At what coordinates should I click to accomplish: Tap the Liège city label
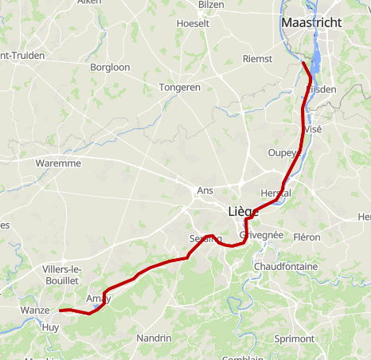tap(243, 211)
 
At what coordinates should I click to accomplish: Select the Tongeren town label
tap(180, 87)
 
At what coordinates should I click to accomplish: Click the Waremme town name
tap(58, 163)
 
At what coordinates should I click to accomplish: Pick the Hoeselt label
tap(192, 24)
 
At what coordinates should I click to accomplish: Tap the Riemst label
tap(257, 59)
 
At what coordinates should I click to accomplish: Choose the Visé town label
tap(313, 129)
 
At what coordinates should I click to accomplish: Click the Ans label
tap(205, 191)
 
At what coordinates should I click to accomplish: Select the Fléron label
tap(307, 237)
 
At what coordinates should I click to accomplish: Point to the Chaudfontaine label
tap(285, 266)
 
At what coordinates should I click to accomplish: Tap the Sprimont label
tap(294, 338)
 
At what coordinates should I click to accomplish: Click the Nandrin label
tap(154, 338)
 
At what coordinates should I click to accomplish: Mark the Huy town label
tap(51, 327)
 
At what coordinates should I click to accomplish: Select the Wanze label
tap(37, 311)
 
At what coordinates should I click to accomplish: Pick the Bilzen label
tap(211, 5)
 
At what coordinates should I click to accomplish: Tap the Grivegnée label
tap(261, 236)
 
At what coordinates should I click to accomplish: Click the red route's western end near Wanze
tap(60, 311)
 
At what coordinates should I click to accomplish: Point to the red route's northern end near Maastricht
tap(304, 62)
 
